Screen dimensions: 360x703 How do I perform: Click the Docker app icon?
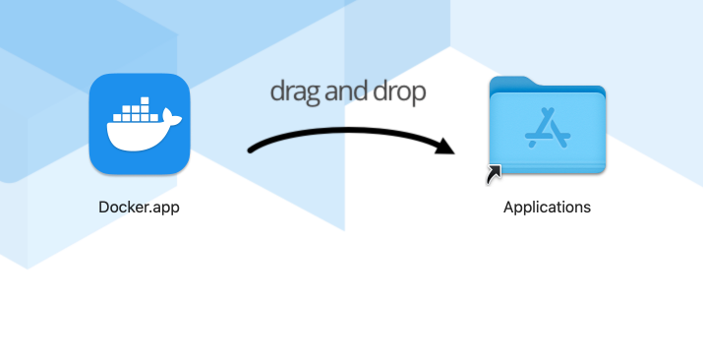tap(139, 124)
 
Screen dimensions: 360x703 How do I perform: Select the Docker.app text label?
tap(139, 208)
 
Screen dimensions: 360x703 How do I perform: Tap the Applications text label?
tap(547, 208)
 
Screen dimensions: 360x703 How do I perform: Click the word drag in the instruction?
tap(294, 92)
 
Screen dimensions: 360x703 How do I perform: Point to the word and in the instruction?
tap(346, 91)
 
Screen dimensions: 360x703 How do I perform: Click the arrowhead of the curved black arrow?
tap(447, 147)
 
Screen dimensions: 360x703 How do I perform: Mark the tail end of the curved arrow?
tap(252, 150)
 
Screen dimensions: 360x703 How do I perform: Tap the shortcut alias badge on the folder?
tap(494, 174)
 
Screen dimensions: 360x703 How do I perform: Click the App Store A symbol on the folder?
tap(547, 125)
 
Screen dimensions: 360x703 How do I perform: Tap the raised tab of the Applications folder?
tap(511, 84)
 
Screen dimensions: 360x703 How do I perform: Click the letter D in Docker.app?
tap(103, 208)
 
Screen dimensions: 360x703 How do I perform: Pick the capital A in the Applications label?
tap(508, 208)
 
